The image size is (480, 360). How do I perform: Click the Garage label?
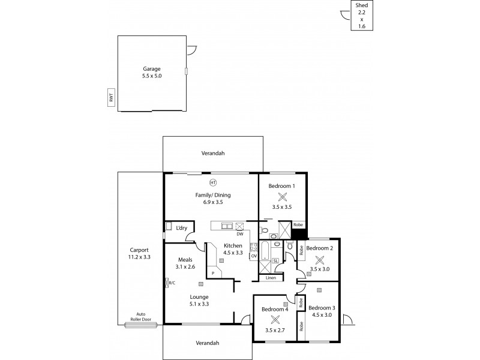152,68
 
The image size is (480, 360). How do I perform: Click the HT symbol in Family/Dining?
212,182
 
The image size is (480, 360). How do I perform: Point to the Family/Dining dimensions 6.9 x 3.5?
212,203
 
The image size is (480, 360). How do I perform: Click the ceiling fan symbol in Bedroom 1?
282,196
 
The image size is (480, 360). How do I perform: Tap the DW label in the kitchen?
239,234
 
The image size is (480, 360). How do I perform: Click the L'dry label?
182,228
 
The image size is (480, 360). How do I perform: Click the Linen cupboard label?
271,278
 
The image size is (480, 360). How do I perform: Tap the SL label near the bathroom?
275,261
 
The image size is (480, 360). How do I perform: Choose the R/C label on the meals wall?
172,282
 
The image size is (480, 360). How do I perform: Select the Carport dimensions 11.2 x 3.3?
139,257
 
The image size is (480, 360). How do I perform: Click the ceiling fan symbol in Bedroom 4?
275,320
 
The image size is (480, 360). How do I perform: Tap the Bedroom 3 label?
322,308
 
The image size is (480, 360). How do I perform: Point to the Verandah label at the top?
213,154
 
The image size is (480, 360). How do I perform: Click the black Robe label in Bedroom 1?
298,224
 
